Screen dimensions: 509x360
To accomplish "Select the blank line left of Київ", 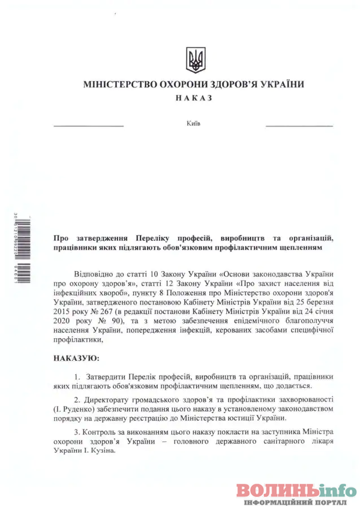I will point(89,126).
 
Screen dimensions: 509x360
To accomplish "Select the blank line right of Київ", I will point(299,126).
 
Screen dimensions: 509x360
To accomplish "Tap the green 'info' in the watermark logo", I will point(333,489).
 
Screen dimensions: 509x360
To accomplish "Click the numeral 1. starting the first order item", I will point(77,377).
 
